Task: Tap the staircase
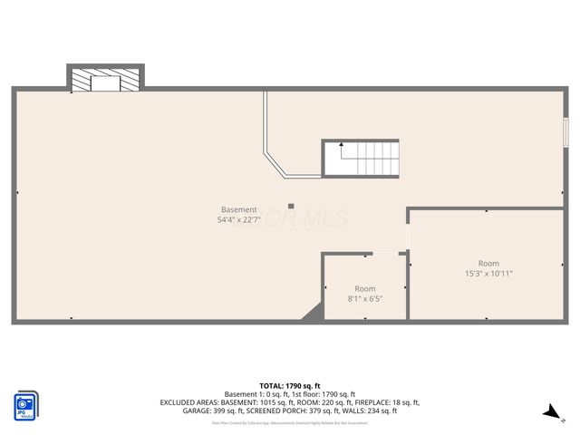pyautogui.click(x=362, y=158)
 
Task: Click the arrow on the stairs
pyautogui.click(x=341, y=144)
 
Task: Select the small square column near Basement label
pyautogui.click(x=291, y=206)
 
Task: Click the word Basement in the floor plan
pyautogui.click(x=238, y=209)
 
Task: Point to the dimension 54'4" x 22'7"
pyautogui.click(x=238, y=220)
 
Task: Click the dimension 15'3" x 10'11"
pyautogui.click(x=488, y=273)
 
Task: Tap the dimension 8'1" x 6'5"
pyautogui.click(x=364, y=298)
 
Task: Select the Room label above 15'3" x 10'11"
pyautogui.click(x=488, y=263)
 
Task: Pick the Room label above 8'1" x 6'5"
pyautogui.click(x=364, y=288)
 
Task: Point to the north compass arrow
pyautogui.click(x=550, y=412)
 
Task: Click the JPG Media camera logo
pyautogui.click(x=24, y=405)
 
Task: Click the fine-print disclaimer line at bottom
pyautogui.click(x=290, y=422)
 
